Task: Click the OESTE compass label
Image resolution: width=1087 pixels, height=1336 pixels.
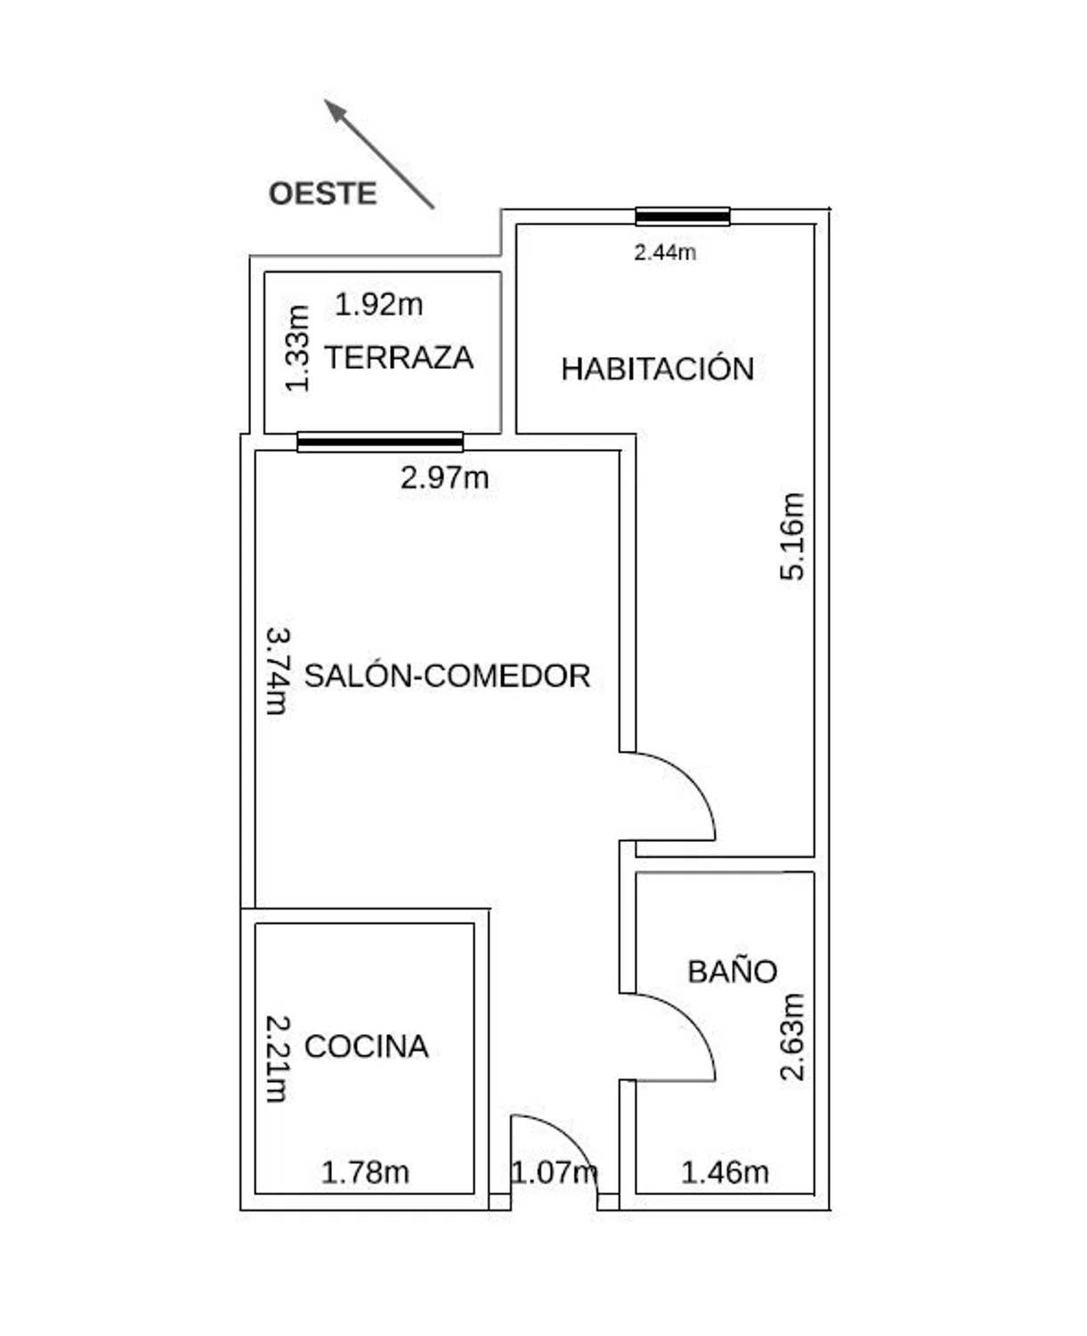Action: point(323,193)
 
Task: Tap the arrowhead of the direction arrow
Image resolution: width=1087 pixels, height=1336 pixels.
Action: point(335,110)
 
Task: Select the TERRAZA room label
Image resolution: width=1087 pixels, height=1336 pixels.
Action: point(399,357)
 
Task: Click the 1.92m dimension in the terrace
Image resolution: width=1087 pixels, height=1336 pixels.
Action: point(379,305)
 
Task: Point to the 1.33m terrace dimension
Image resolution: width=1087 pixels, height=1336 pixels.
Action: point(297,349)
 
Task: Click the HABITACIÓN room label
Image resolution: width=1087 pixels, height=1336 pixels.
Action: point(658,368)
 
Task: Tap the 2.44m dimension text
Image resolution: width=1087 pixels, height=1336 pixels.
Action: point(665,252)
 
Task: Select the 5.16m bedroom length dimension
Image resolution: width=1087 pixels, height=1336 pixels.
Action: point(791,536)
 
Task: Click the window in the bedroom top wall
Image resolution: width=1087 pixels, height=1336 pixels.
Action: point(683,216)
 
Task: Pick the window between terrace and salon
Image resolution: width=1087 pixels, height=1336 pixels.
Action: point(380,442)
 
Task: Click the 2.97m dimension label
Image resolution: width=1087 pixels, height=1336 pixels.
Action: point(444,478)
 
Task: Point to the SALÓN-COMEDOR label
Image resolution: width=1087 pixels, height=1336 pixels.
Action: point(447,676)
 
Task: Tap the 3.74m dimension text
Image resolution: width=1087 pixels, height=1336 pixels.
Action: point(278,672)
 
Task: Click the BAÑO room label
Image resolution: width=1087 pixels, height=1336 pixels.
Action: point(732,972)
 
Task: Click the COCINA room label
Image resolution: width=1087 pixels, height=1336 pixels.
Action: point(366,1047)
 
